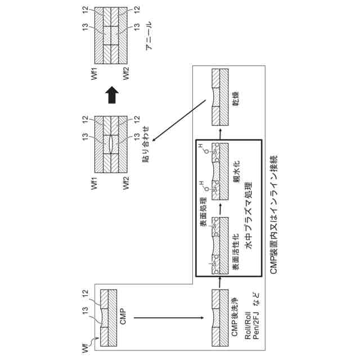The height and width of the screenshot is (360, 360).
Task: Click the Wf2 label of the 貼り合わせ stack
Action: (127, 180)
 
